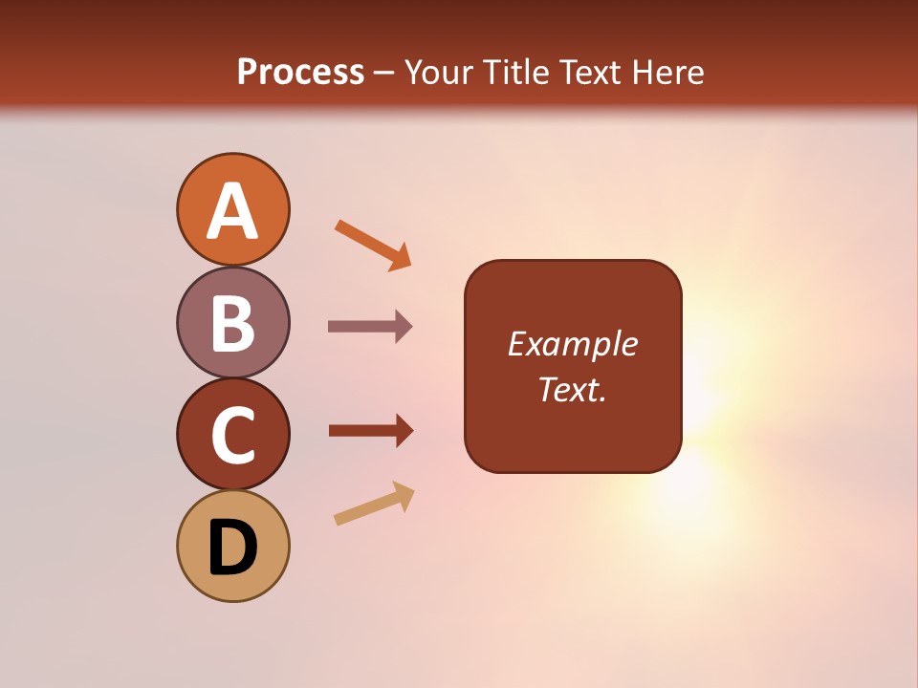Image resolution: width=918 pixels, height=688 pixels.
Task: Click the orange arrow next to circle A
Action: point(373,245)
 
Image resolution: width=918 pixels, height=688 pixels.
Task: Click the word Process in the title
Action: point(300,73)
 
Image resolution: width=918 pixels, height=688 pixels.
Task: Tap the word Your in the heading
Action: point(440,73)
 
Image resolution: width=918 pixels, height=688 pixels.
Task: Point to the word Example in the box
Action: point(573,344)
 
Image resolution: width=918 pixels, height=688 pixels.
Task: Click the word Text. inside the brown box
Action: point(573,390)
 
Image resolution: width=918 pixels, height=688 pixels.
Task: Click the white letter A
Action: point(233,211)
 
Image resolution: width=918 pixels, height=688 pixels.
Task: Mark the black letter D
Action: point(233,548)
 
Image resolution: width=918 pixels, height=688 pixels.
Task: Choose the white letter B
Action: point(233,323)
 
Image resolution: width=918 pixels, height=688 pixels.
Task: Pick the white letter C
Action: point(233,435)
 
